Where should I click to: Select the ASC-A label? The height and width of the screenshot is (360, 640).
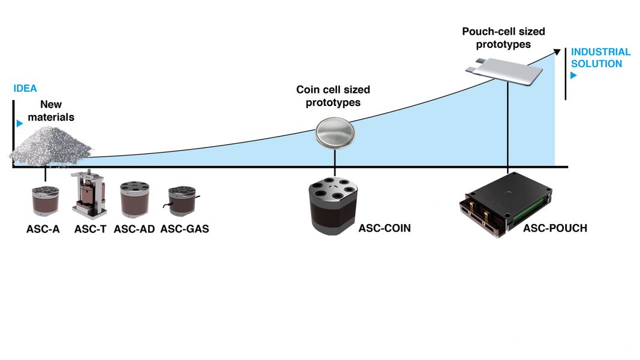point(44,228)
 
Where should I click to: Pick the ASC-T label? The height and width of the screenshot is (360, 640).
point(90,228)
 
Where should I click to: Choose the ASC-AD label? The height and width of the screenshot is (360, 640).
point(135,228)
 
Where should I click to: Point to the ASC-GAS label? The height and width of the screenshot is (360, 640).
point(185,228)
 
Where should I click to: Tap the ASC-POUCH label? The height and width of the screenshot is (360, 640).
point(555,228)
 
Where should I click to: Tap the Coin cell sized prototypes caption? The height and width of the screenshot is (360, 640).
point(333,95)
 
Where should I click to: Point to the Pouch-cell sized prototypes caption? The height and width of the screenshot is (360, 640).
point(503,37)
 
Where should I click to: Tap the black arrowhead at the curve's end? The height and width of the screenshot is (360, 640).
point(557,52)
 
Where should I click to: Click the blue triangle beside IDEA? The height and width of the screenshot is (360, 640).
point(20,123)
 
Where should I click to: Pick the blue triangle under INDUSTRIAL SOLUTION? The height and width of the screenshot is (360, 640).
point(573,76)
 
